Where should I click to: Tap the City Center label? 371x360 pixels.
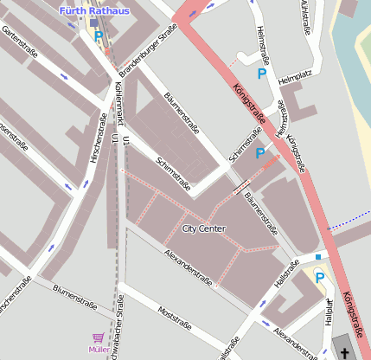click(x=204, y=228)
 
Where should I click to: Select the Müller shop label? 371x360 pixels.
click(x=99, y=349)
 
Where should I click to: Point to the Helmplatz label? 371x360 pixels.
click(x=293, y=80)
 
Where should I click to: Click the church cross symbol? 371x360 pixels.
click(x=345, y=352)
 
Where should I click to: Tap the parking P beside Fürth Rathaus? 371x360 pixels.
click(x=99, y=36)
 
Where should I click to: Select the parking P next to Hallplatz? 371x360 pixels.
click(x=319, y=278)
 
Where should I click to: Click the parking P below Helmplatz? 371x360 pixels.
click(x=260, y=153)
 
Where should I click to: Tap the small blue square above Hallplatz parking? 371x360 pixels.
click(x=319, y=257)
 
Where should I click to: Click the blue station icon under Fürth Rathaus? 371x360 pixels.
click(x=93, y=23)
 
